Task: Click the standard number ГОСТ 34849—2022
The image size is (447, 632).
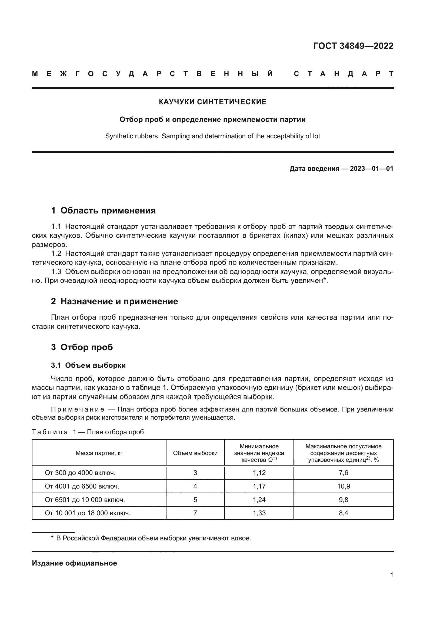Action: (353, 46)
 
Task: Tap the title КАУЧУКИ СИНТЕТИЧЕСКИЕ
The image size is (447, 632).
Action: (212, 102)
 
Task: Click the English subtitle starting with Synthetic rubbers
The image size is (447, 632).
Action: (212, 136)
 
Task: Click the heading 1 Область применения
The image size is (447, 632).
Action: (103, 210)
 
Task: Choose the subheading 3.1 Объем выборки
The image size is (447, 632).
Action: (88, 366)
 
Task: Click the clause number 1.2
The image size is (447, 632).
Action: (56, 253)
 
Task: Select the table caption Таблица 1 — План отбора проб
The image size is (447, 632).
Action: (88, 432)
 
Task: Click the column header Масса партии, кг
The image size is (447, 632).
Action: (99, 453)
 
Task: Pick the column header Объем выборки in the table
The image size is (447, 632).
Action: (195, 453)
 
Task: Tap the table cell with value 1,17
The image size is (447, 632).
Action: (259, 486)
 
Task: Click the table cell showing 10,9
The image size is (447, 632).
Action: (343, 486)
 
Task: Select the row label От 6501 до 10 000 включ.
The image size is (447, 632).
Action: (85, 500)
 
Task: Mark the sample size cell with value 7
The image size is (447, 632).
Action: (195, 513)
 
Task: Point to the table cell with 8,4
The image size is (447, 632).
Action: (343, 513)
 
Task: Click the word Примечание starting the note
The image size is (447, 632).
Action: (78, 410)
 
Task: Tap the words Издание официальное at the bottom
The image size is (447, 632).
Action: (74, 563)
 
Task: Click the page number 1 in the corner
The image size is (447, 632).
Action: (391, 575)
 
